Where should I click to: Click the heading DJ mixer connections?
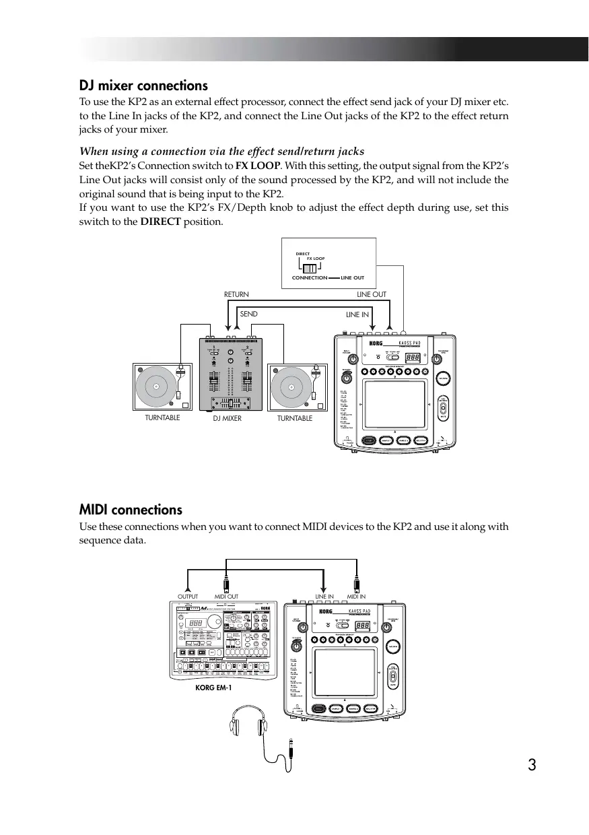pos(143,86)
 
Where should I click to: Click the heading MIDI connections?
pos(131,510)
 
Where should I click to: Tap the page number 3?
pos(532,765)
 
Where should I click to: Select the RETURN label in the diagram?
pos(236,294)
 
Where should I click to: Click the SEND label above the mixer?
pos(249,314)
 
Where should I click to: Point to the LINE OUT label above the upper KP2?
pos(372,294)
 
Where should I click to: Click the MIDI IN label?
pos(356,596)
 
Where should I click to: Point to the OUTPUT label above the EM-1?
pos(188,596)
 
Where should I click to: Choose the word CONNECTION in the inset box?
pos(309,277)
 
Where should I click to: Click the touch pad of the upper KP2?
pos(394,404)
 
